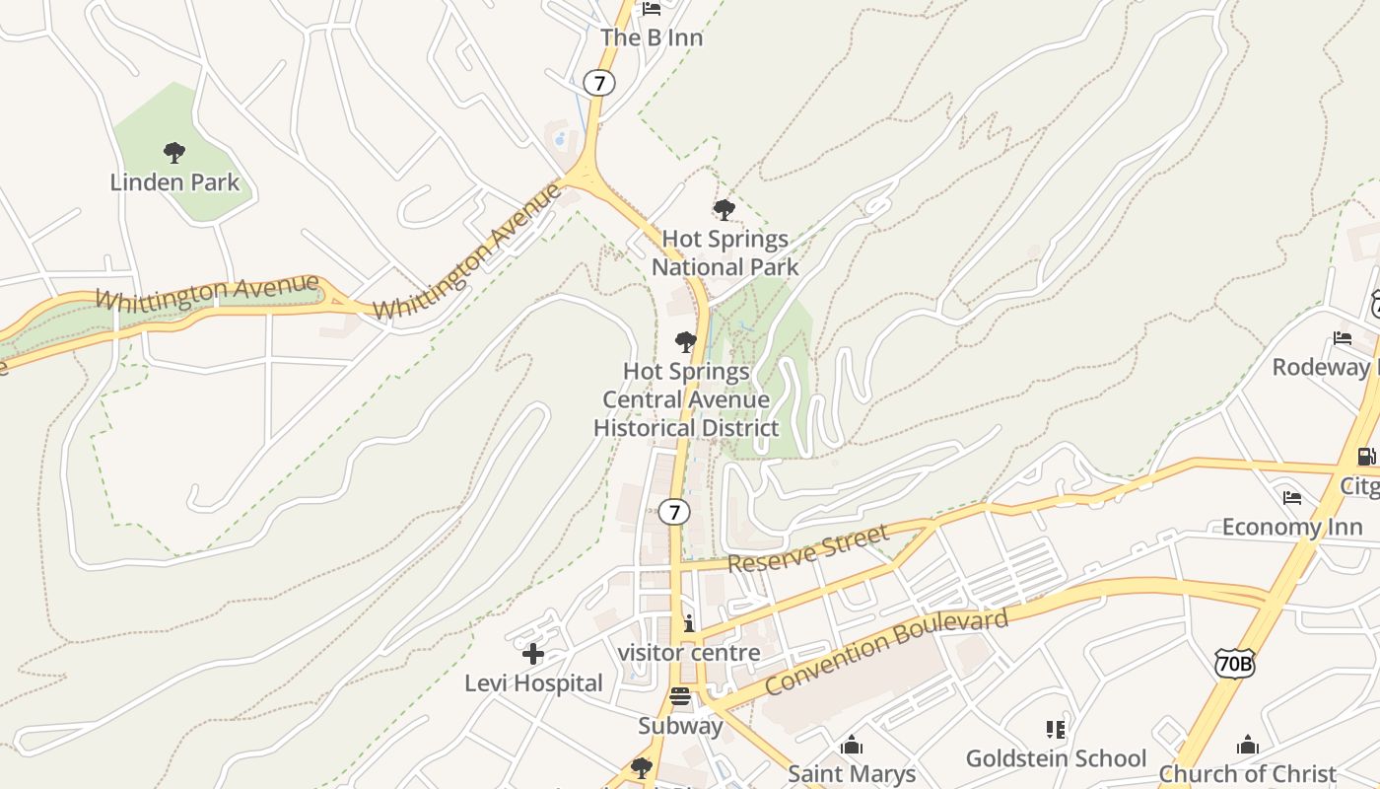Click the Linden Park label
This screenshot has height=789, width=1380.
pos(174,182)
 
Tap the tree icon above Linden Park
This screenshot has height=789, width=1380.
pos(174,153)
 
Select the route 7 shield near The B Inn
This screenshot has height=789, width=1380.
pos(598,82)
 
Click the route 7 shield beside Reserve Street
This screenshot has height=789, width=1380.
pos(674,512)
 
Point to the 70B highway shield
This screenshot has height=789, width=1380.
pos(1234,663)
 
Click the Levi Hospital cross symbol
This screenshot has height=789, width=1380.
pos(533,654)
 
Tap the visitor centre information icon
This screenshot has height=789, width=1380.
pos(688,623)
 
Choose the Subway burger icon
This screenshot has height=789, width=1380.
pos(680,697)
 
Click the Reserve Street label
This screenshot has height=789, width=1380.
pos(808,548)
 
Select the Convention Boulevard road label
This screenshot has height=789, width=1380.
pos(887,652)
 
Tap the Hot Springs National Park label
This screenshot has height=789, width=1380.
pos(725,252)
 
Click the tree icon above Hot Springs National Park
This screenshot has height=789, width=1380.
pos(724,210)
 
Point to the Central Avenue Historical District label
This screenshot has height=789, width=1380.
pos(686,399)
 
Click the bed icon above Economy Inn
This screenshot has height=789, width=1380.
pos(1292,497)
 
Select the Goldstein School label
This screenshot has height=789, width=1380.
pos(1056,758)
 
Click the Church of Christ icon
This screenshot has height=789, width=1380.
pos(1248,745)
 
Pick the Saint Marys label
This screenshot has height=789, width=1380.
pos(852,774)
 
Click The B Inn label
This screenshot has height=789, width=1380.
pos(652,37)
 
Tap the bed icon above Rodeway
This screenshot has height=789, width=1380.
pos(1343,338)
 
